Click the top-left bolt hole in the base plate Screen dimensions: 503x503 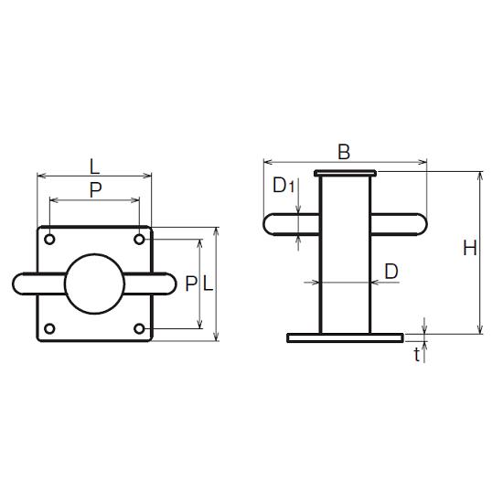click(49, 240)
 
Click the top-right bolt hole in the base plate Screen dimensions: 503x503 click(139, 240)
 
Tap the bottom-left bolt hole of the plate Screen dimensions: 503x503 click(49, 329)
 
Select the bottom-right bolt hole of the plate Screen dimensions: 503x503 click(139, 329)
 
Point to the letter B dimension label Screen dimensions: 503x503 click(344, 152)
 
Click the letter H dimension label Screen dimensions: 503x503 click(470, 248)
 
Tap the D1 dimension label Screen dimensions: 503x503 click(284, 185)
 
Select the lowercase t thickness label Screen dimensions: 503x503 click(417, 355)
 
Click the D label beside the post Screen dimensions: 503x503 click(391, 272)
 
